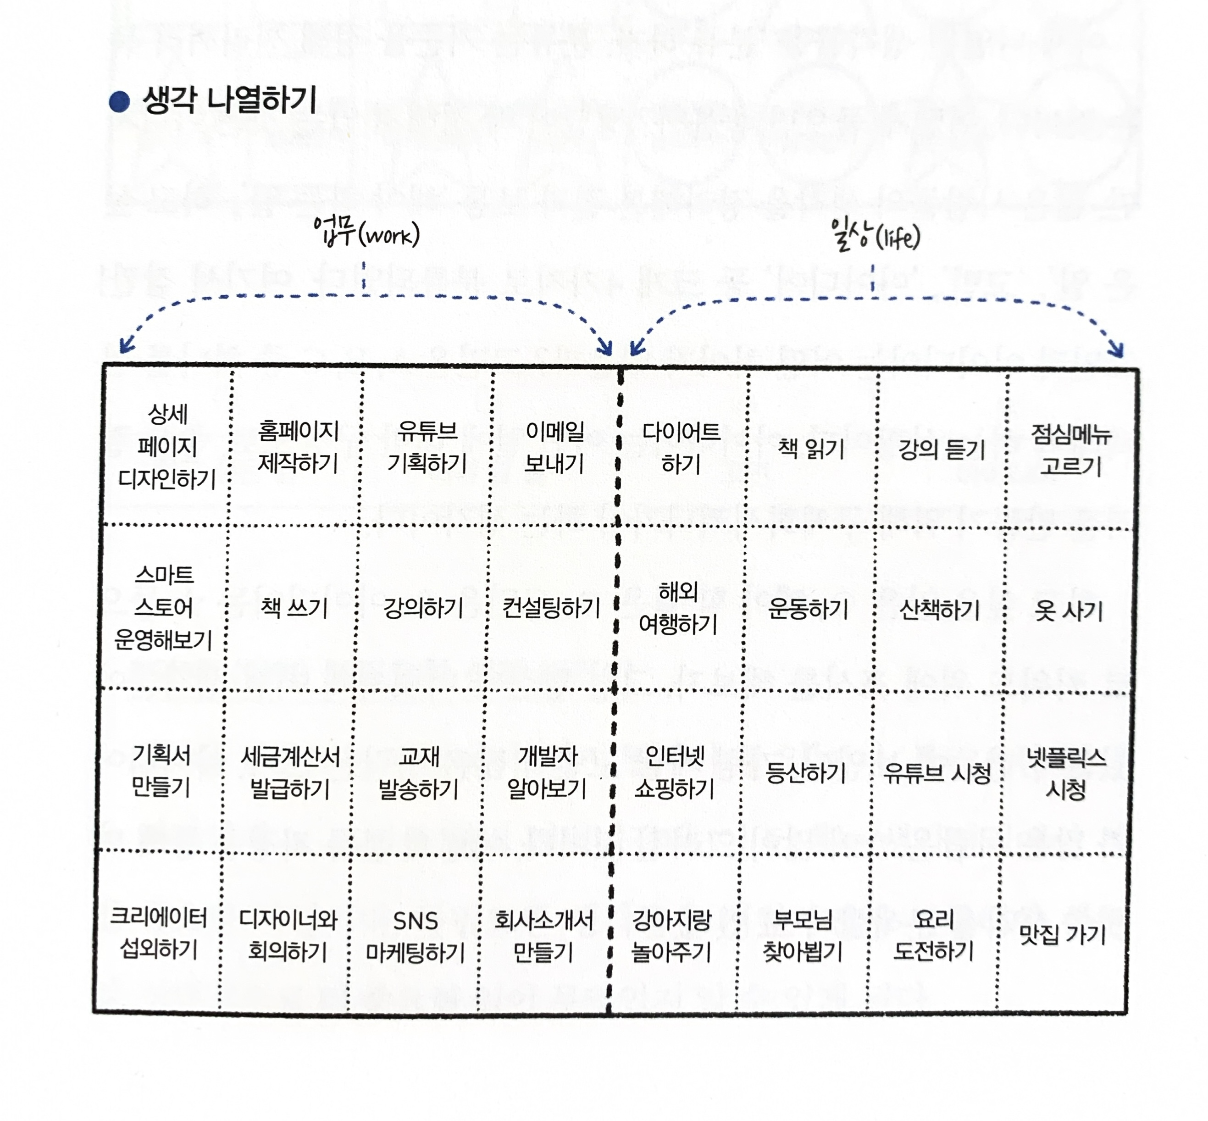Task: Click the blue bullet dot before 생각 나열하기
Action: [119, 101]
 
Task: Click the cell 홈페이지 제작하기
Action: [297, 447]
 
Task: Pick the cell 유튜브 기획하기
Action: [427, 447]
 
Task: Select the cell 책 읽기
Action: [811, 449]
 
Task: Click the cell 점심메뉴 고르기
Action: [1070, 450]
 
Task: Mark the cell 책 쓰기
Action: [294, 607]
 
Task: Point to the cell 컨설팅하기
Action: [551, 608]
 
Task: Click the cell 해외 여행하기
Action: [678, 608]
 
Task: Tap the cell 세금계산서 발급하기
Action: [290, 773]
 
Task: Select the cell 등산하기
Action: [805, 773]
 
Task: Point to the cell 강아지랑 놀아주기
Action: [671, 936]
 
